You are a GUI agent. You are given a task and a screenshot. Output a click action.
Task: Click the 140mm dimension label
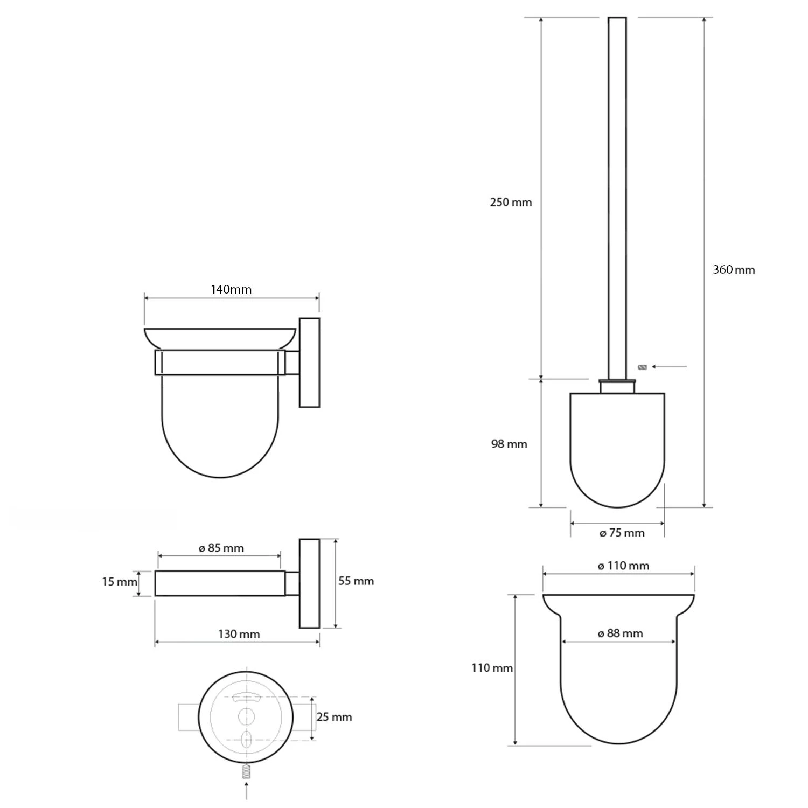point(231,290)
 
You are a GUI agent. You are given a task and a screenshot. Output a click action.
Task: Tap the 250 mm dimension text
point(511,203)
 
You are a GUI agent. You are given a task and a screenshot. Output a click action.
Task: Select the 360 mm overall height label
point(733,270)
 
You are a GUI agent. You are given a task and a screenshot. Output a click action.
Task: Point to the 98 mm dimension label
point(509,444)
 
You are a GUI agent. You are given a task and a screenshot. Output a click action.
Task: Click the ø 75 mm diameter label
point(622,533)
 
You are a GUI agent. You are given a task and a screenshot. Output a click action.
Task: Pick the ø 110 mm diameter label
point(623,566)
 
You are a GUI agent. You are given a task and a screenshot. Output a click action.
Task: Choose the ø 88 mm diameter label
point(620,634)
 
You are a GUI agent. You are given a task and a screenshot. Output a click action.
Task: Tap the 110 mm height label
point(492,668)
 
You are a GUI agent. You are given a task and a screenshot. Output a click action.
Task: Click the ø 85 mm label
point(221,548)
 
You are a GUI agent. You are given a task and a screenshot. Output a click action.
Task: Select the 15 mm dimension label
point(119,582)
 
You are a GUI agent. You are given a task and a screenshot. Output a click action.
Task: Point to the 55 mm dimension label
point(356,581)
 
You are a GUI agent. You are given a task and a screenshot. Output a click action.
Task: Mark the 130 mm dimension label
point(239,635)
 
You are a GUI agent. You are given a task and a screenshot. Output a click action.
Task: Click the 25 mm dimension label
point(334,717)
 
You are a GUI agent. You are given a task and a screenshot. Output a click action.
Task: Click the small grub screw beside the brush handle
point(642,367)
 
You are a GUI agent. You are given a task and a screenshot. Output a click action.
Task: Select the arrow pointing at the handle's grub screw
point(669,367)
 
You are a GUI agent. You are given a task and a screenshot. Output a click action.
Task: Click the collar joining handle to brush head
point(618,386)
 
